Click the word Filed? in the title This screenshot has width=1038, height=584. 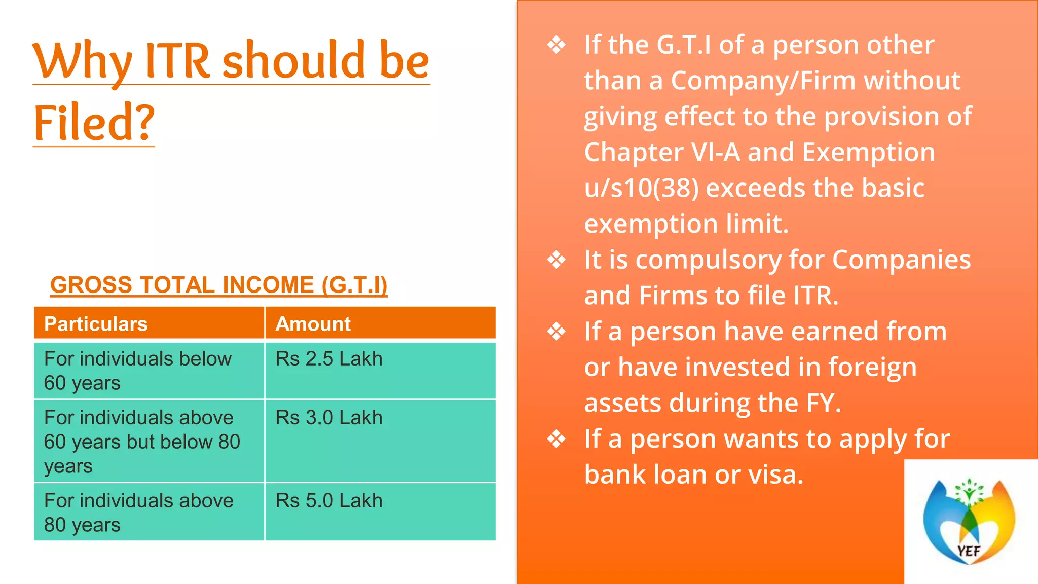tap(94, 123)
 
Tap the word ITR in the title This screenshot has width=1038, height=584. tap(177, 61)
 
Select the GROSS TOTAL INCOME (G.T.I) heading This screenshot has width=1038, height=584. tap(218, 285)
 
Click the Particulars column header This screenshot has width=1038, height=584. tap(96, 324)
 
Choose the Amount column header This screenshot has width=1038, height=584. tap(313, 324)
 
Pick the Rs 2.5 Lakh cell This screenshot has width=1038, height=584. tap(329, 359)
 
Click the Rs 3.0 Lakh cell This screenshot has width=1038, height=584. tap(329, 418)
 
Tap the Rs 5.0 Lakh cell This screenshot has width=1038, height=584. tap(329, 501)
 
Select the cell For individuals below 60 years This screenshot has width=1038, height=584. tap(138, 371)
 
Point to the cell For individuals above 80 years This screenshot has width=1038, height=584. tap(139, 513)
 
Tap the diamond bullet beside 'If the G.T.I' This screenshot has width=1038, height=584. tap(557, 45)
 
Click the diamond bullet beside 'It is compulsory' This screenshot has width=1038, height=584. tap(557, 260)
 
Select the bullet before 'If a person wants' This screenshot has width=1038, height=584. tap(557, 439)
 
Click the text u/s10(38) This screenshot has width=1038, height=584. tap(641, 189)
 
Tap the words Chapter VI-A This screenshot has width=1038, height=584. tap(662, 153)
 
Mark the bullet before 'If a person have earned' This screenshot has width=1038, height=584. tap(557, 332)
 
